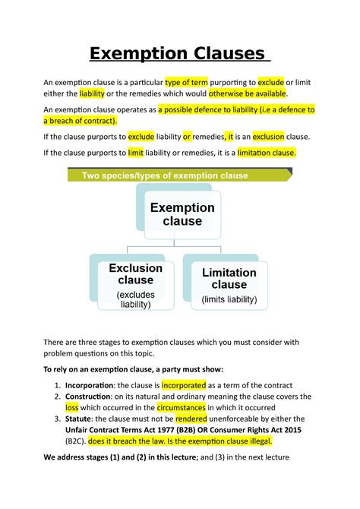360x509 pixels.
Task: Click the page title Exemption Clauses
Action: point(179,54)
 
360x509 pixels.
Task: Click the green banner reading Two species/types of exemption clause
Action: point(179,175)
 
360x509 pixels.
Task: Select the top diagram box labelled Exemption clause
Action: point(182,214)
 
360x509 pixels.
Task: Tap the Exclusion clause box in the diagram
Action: point(136,284)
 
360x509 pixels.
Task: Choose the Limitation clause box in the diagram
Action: point(229,285)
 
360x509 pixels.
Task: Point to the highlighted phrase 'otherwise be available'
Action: point(242,93)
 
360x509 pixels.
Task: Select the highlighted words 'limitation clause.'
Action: point(265,152)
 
